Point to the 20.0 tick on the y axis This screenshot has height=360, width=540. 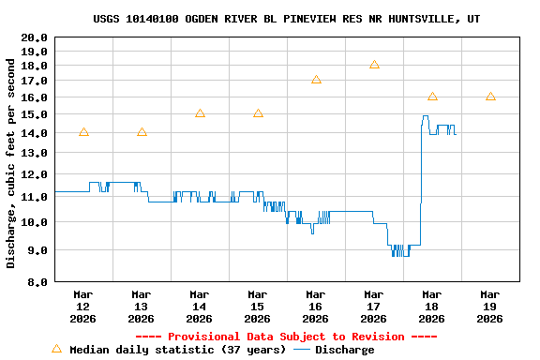(x=35, y=37)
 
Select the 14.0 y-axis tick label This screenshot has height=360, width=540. (x=35, y=133)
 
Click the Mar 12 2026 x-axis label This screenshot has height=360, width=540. (x=83, y=307)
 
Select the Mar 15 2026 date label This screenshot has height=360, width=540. (x=258, y=307)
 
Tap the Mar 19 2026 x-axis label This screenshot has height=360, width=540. (x=490, y=307)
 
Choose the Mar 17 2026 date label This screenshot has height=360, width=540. (x=374, y=307)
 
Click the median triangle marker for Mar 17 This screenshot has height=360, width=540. (x=374, y=65)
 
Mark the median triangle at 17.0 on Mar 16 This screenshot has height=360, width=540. (x=316, y=80)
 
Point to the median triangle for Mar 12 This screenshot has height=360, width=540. (x=83, y=132)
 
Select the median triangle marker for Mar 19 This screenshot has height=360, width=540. (x=490, y=97)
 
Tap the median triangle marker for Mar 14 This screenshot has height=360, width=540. (x=200, y=113)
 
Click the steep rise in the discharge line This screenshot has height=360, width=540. (x=421, y=178)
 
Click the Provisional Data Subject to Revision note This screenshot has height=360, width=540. (x=287, y=337)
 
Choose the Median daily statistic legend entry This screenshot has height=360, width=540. (x=169, y=350)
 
